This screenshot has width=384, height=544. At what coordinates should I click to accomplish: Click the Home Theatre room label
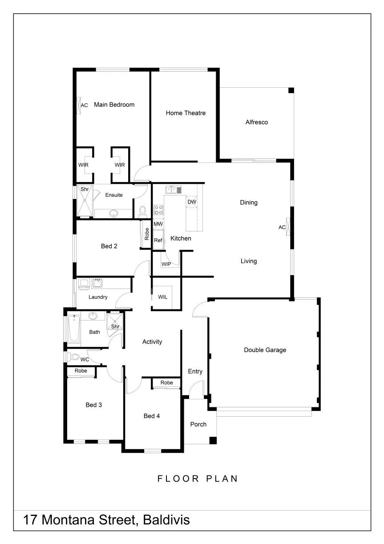[186, 113]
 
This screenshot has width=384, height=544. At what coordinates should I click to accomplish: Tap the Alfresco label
[257, 122]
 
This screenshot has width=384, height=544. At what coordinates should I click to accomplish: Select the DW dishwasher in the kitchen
[192, 202]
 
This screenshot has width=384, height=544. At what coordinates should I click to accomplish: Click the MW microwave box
[158, 223]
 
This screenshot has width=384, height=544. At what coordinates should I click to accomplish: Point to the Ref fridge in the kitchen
[158, 240]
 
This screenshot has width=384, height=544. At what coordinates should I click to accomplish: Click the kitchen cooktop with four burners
[158, 210]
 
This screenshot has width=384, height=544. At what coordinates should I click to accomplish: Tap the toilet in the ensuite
[142, 212]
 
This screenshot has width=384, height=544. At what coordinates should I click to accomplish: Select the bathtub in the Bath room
[74, 329]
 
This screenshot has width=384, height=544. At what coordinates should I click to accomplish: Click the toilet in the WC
[73, 357]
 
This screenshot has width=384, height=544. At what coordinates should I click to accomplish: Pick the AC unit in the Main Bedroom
[78, 106]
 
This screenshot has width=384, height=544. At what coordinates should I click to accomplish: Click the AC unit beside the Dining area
[288, 227]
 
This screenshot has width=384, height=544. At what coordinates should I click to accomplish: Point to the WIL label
[162, 297]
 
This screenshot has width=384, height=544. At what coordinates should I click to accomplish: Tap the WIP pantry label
[166, 264]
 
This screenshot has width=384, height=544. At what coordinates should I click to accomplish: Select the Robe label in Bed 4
[166, 382]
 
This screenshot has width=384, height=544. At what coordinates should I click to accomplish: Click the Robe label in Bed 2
[147, 234]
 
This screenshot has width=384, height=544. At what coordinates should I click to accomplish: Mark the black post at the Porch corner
[213, 441]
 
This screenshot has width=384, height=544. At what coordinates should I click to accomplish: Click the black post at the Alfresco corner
[291, 90]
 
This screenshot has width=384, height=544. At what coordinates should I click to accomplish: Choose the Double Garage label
[265, 350]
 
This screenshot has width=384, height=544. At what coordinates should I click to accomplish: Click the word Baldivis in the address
[166, 520]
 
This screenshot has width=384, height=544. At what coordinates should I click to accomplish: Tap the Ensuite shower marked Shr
[85, 200]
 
